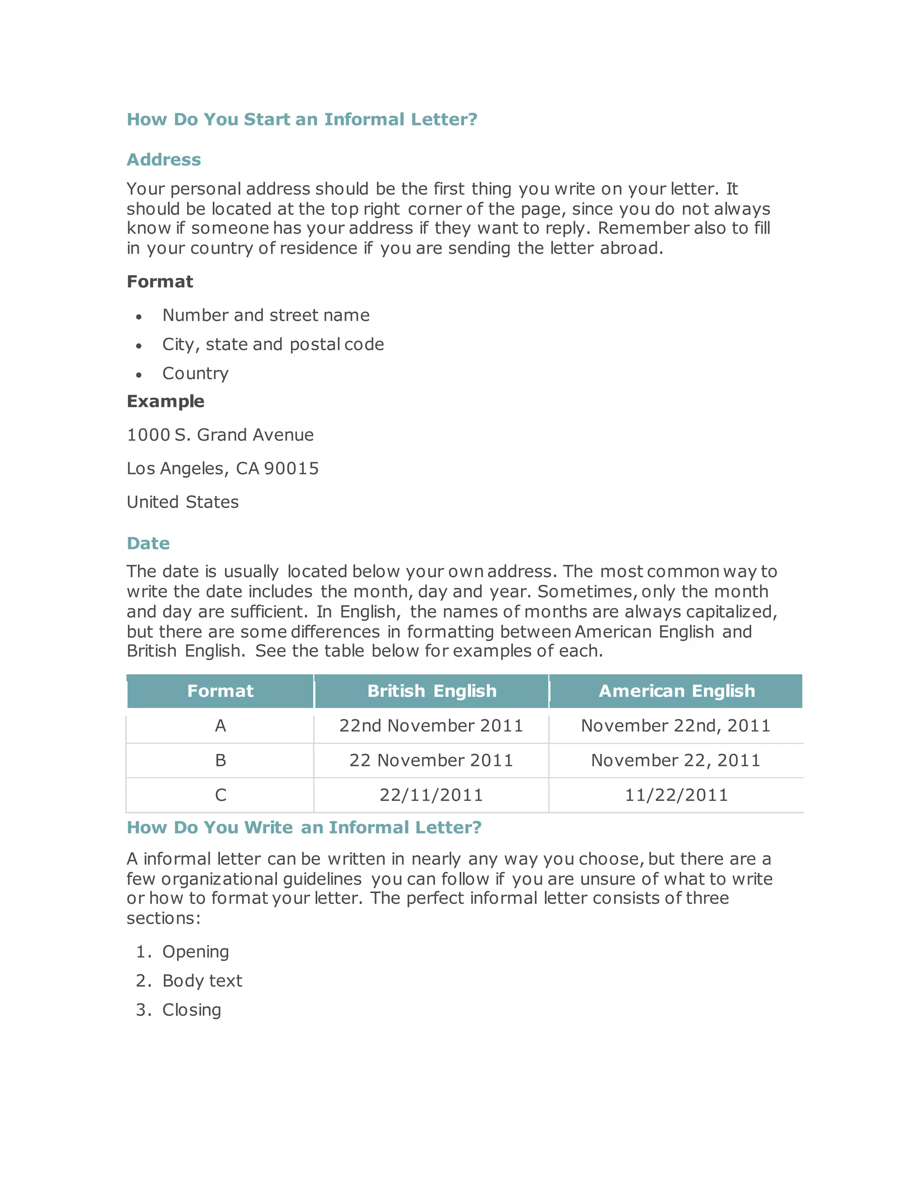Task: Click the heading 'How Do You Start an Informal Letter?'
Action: coord(301,119)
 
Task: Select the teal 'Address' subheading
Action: coord(164,160)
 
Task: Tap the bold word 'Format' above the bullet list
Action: coord(160,281)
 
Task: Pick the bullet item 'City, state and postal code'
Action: coord(273,344)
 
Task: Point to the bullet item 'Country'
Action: coord(195,373)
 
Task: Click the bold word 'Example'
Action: coord(165,402)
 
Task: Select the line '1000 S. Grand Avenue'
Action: coord(220,435)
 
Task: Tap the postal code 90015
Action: coord(291,468)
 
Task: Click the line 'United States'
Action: coord(183,502)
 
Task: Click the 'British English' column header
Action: coord(432,691)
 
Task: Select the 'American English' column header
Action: coord(676,691)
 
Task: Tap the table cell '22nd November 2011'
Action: coord(431,726)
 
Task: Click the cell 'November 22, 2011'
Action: coord(676,760)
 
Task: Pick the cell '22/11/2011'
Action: coord(431,795)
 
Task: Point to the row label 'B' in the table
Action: coord(220,760)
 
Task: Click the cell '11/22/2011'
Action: coord(676,795)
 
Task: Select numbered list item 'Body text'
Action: coord(202,981)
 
